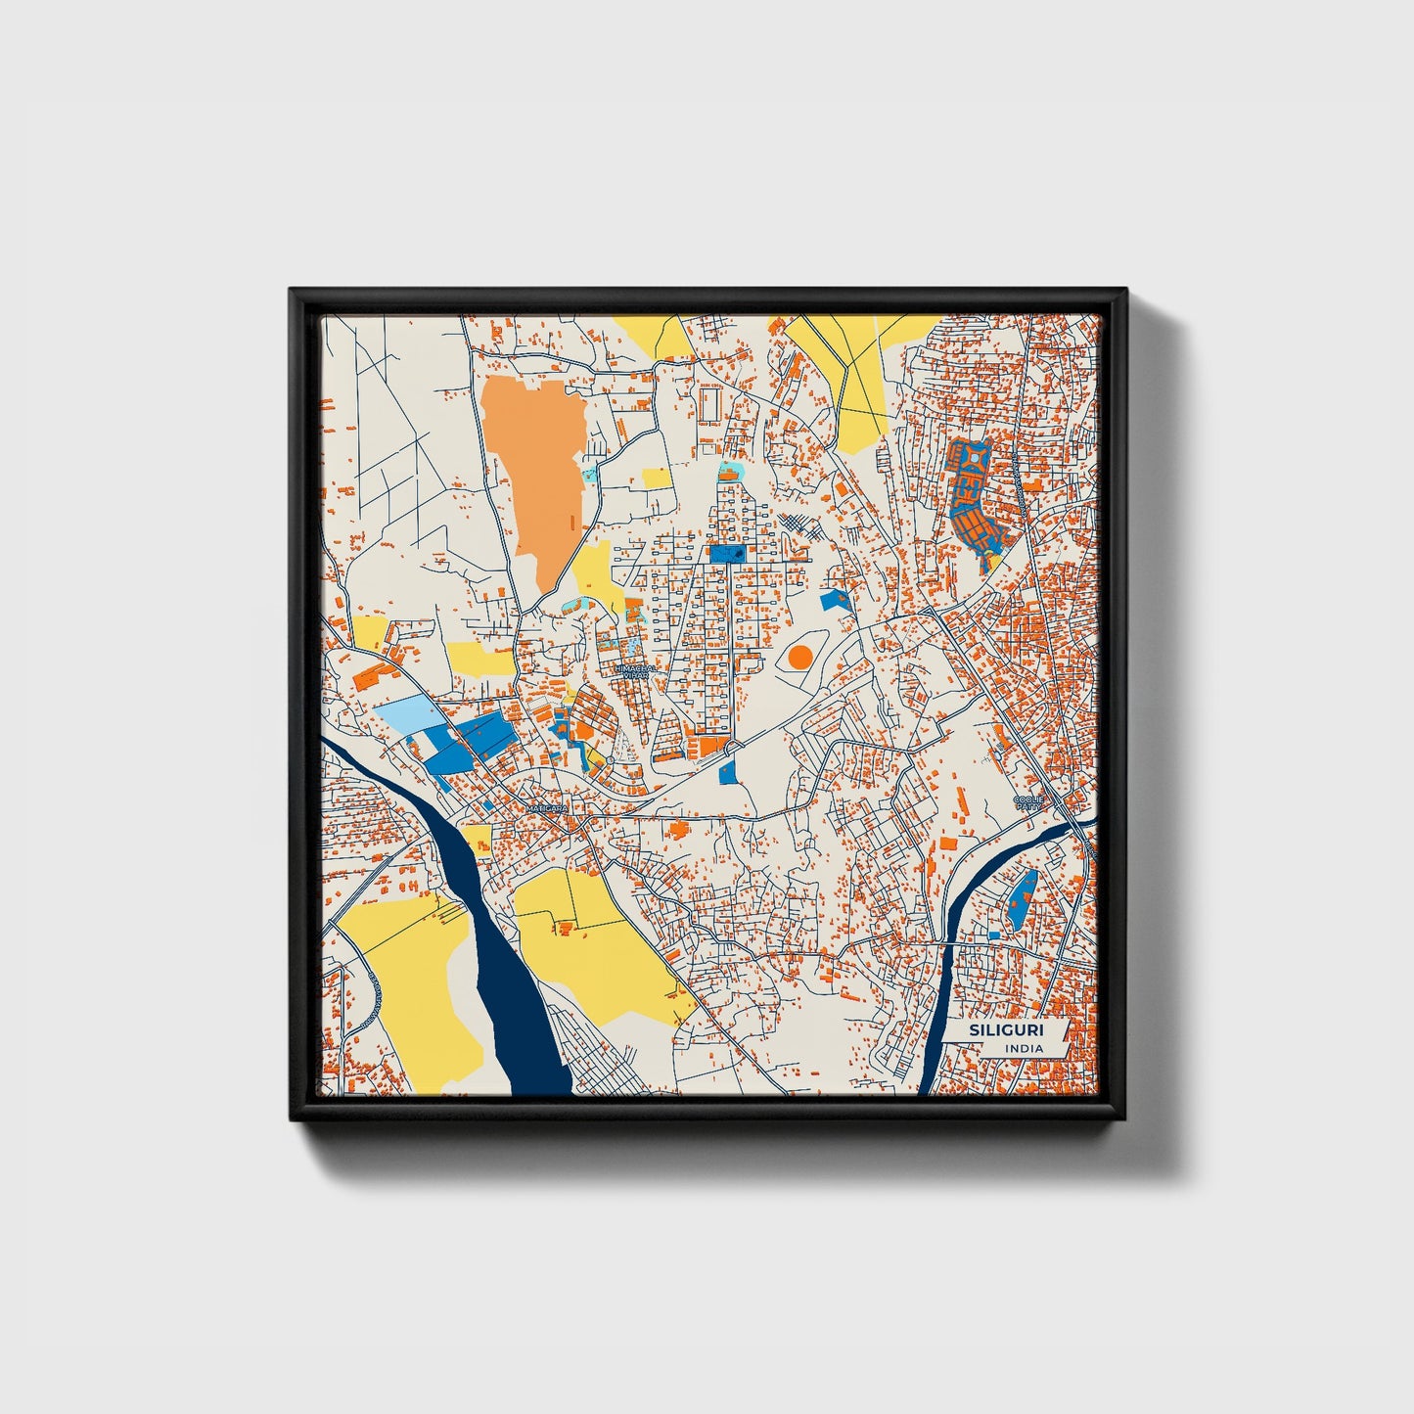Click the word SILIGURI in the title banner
(1005, 1030)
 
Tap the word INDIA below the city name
(1024, 1048)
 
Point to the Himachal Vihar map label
(635, 671)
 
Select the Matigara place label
(546, 809)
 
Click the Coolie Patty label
(1027, 802)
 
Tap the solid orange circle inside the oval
(799, 657)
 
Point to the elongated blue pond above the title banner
(1022, 898)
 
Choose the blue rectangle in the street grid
(726, 554)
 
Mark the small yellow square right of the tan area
(657, 479)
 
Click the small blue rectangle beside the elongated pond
(994, 935)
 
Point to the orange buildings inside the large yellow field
(566, 926)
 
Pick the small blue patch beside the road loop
(727, 773)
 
